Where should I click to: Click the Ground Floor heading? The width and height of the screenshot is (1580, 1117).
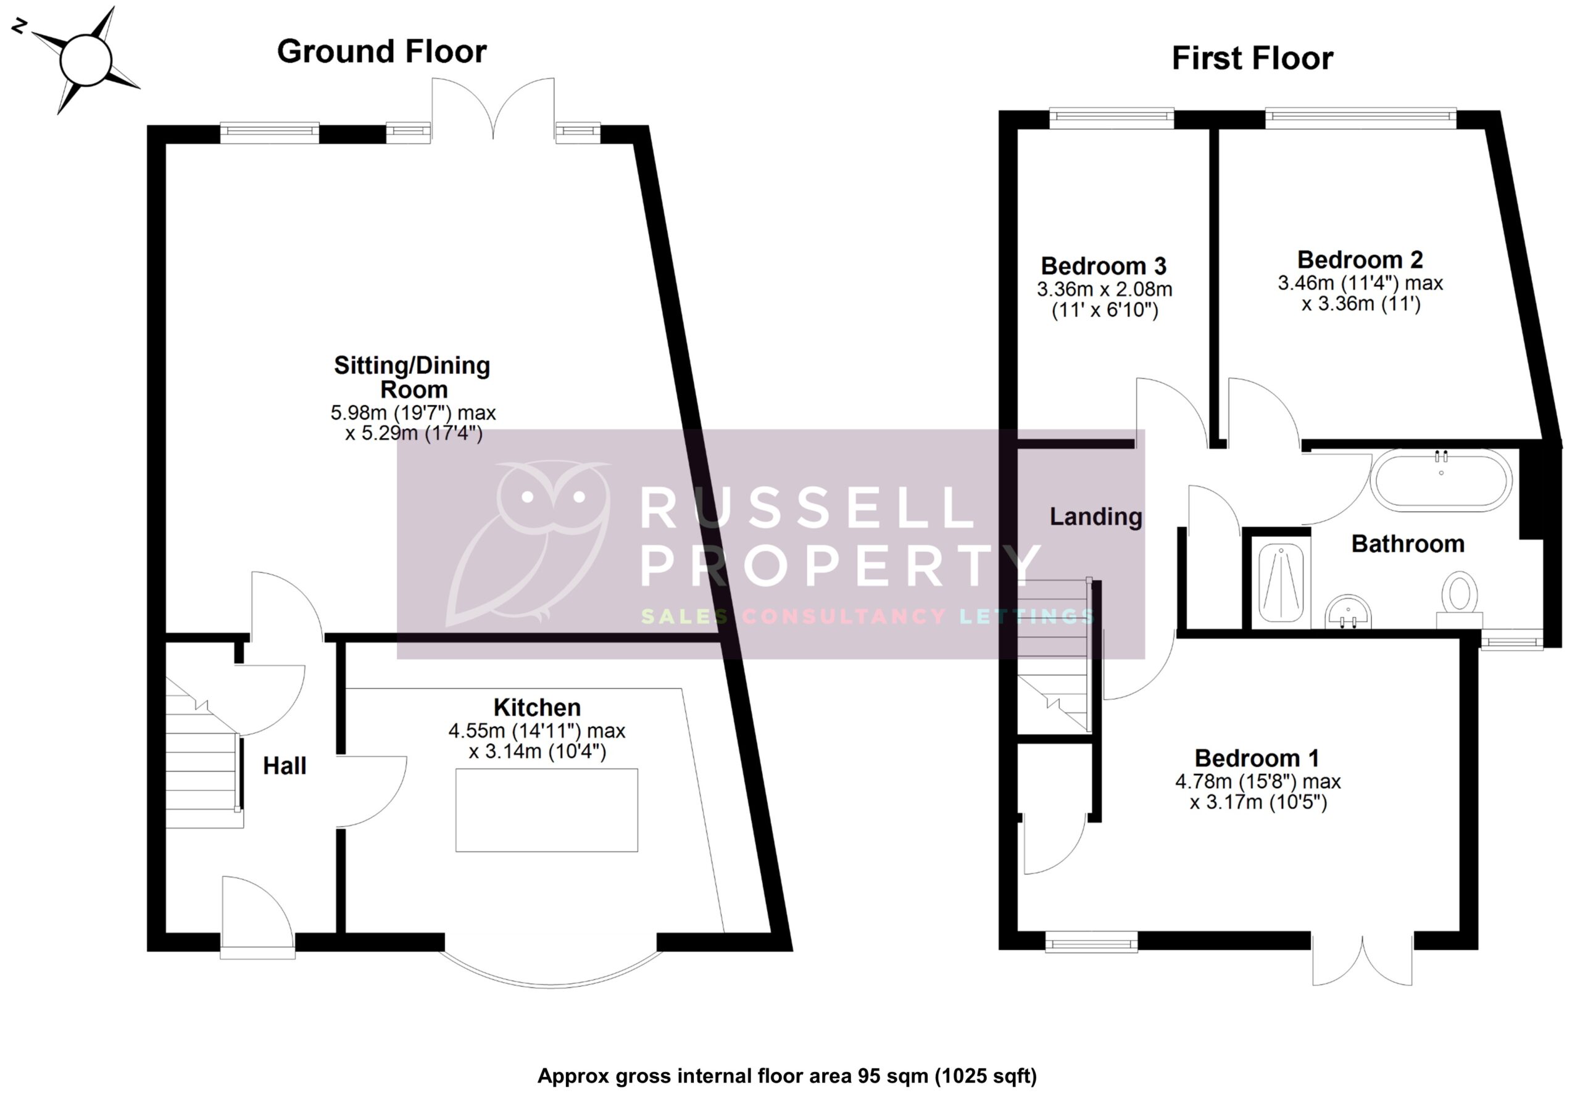click(x=381, y=52)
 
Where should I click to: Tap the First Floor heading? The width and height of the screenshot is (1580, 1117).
click(x=1252, y=59)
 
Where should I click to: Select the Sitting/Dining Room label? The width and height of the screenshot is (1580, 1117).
click(x=412, y=376)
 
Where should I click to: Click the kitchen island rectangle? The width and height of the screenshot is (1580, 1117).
click(x=546, y=810)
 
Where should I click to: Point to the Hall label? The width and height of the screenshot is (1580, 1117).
click(x=284, y=766)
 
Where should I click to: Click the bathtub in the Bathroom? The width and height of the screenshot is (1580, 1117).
click(x=1441, y=480)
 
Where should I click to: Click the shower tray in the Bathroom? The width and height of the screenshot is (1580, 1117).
click(x=1281, y=582)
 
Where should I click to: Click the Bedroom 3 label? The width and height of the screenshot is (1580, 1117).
click(x=1103, y=265)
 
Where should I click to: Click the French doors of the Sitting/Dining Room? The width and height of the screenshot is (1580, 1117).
click(x=493, y=110)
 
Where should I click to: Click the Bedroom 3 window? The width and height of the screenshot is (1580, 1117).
click(x=1112, y=118)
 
